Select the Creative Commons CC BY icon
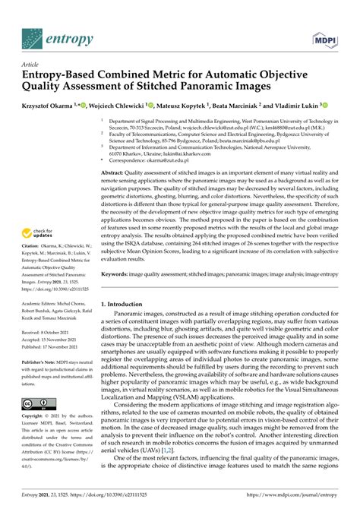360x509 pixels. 39,403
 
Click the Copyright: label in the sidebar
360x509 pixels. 35,417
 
